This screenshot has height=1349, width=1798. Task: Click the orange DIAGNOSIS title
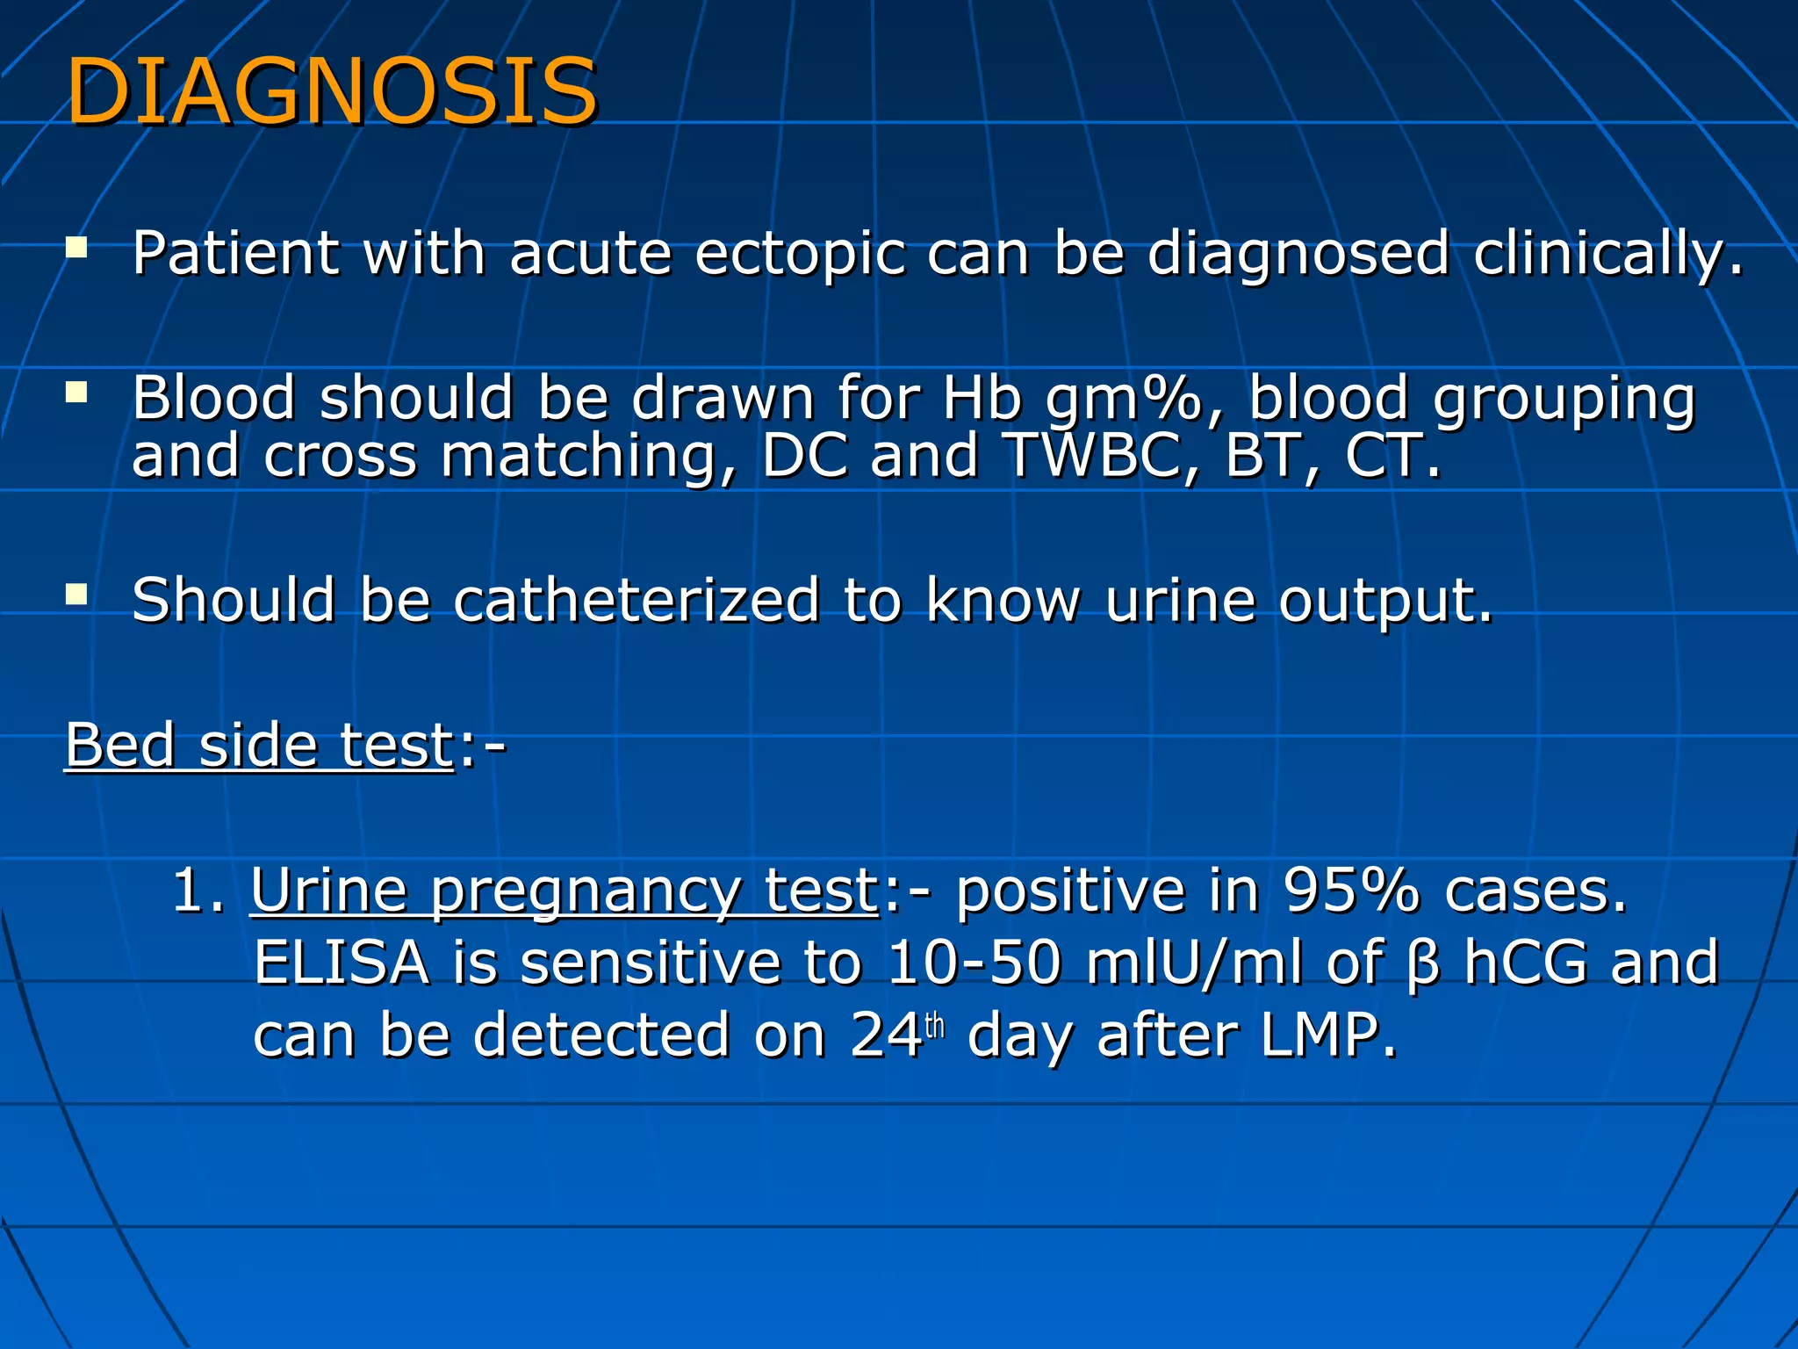click(332, 91)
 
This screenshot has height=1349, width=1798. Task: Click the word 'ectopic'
click(799, 255)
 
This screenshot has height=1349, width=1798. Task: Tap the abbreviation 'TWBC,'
click(1101, 456)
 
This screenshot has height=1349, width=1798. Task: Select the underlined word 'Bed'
click(120, 746)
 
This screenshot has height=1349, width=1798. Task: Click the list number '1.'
click(198, 891)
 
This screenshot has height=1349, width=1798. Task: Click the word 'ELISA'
click(342, 963)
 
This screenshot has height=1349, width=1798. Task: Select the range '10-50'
click(975, 963)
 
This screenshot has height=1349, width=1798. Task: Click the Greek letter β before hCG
click(1423, 964)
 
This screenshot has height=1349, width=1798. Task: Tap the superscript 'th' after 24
click(935, 1025)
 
